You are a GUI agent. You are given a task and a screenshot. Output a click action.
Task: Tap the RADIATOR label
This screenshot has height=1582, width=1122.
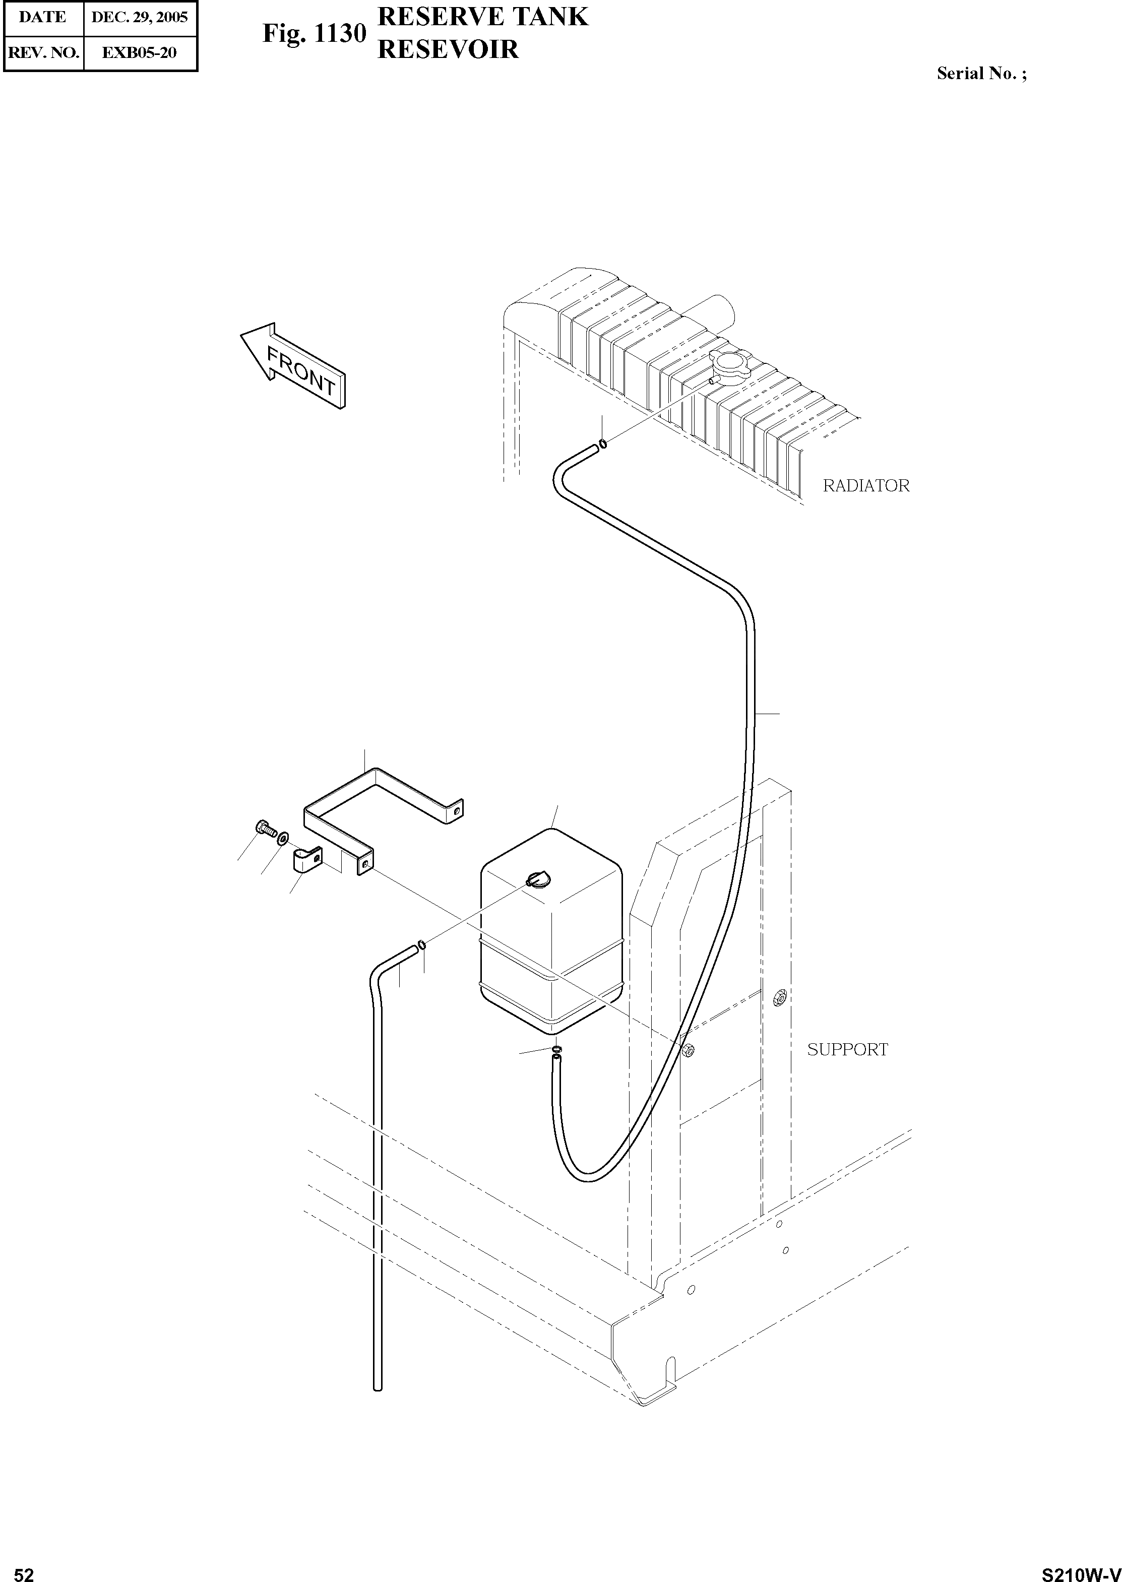[865, 486]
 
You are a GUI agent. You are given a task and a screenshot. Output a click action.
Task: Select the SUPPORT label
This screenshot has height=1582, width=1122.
[847, 1049]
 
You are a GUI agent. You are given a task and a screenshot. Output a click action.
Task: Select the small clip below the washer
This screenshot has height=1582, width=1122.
[308, 861]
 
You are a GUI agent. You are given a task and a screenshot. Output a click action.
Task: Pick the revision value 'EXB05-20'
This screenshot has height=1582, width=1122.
[140, 52]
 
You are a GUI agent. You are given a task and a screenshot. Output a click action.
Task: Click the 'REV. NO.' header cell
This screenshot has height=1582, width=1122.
[43, 52]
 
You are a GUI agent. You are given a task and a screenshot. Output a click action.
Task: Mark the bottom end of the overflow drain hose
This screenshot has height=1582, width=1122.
[377, 1385]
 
